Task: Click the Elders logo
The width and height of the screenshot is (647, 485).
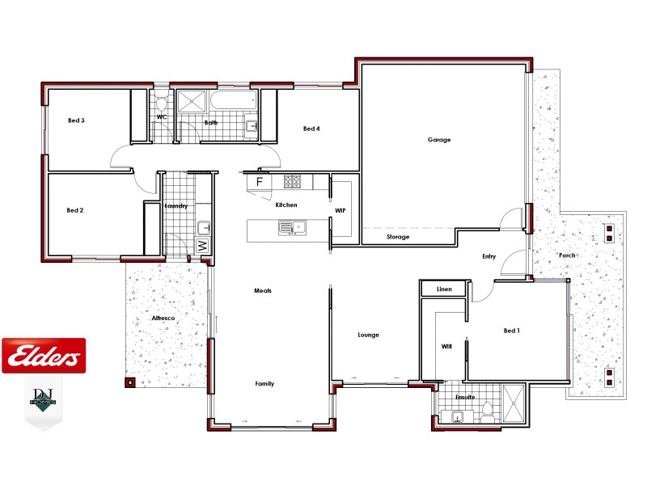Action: [44, 356]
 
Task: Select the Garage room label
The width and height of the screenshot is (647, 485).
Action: [439, 140]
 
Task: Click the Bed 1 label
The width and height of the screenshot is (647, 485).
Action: [511, 331]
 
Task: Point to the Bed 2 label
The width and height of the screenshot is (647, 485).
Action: [75, 210]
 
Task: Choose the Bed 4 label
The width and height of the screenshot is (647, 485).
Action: [311, 129]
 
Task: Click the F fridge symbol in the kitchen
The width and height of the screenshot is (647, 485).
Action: [260, 182]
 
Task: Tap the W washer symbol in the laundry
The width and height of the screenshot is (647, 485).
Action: [202, 245]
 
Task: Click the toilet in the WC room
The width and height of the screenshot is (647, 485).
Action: [162, 103]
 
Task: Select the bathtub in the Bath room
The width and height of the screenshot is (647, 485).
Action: [233, 101]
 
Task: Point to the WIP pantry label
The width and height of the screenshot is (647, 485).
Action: [340, 210]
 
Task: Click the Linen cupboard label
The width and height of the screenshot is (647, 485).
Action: [444, 289]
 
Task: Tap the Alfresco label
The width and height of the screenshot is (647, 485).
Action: [163, 318]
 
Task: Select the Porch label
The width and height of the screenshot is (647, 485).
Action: [568, 255]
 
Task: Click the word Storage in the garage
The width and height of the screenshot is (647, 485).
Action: [398, 237]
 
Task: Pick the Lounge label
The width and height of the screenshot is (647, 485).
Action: [368, 335]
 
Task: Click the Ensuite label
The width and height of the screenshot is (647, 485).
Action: [464, 397]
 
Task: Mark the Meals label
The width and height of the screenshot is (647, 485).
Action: [263, 290]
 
